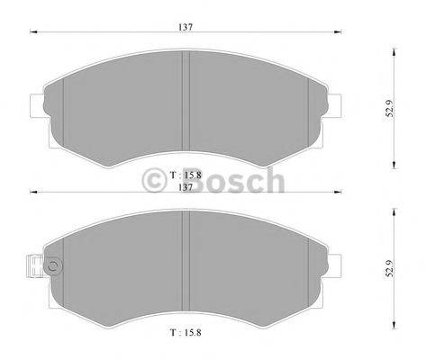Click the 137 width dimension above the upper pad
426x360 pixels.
pos(186,27)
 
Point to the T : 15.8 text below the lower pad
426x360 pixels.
pos(185,334)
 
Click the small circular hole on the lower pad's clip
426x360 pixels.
pos(52,265)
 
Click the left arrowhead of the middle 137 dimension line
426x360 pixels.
pos(34,192)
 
